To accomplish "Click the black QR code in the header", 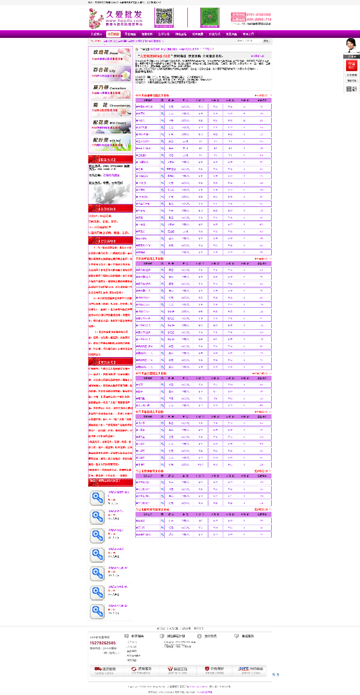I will click(164, 17).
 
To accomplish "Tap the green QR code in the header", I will click(209, 18).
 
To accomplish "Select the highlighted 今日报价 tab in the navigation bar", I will click(113, 35).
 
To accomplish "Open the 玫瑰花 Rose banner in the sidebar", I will click(110, 55).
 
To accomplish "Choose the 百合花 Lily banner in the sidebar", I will click(110, 72).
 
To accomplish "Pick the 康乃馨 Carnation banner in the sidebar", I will click(110, 90).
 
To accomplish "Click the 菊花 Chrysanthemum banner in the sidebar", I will click(110, 108).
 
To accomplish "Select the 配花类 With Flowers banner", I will click(110, 125).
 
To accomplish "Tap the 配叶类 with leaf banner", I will click(110, 142).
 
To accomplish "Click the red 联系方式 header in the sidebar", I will click(110, 159).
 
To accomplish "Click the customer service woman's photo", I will click(351, 46).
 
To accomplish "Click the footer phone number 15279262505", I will click(103, 643).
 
